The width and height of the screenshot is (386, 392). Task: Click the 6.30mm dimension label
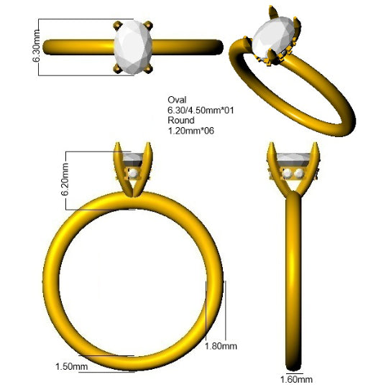[x=36, y=46]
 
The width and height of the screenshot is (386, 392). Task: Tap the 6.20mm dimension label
[x=65, y=179]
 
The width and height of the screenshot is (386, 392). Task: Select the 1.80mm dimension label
[x=221, y=346]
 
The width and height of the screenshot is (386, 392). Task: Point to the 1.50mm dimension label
[x=72, y=367]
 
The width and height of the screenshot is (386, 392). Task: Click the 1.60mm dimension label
[x=296, y=380]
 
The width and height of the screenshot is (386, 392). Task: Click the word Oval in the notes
[x=177, y=100]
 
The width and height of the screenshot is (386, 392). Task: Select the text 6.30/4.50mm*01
[x=201, y=110]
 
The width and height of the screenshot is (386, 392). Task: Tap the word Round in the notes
[x=181, y=120]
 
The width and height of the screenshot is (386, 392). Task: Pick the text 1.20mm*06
[x=191, y=131]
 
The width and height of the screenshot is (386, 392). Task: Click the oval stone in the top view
[x=133, y=47]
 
